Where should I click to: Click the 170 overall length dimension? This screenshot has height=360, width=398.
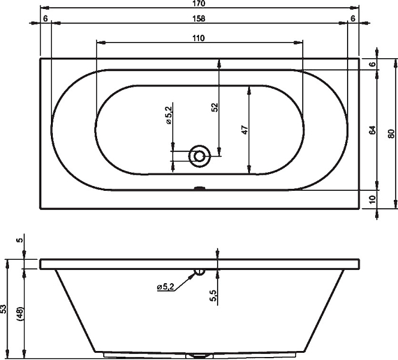(199, 4)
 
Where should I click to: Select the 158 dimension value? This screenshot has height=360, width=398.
(199, 19)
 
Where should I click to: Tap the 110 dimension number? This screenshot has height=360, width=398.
(198, 38)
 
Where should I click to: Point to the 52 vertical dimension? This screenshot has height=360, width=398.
(215, 107)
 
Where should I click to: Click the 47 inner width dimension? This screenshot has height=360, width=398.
(244, 130)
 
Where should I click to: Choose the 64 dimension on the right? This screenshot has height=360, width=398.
(372, 130)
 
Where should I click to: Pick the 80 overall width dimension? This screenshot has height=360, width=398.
(391, 134)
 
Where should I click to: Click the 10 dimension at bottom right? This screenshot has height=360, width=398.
(372, 199)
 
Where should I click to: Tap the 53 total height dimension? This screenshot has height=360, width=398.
(4, 309)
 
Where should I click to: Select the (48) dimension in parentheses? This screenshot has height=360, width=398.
(20, 315)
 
